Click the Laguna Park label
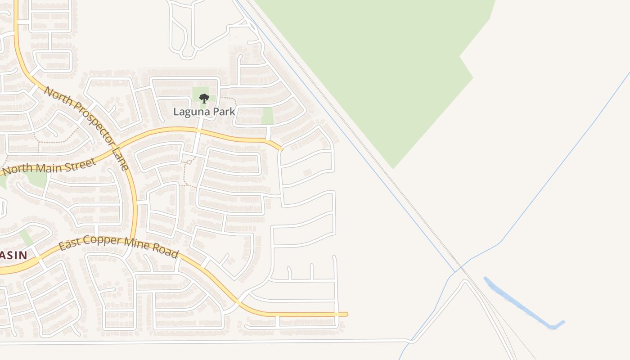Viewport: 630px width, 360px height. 204,112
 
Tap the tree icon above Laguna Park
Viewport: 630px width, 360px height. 204,98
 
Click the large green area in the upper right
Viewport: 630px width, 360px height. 382,67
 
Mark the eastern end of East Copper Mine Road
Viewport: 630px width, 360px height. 346,314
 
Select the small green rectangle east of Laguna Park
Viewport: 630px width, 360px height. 268,116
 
